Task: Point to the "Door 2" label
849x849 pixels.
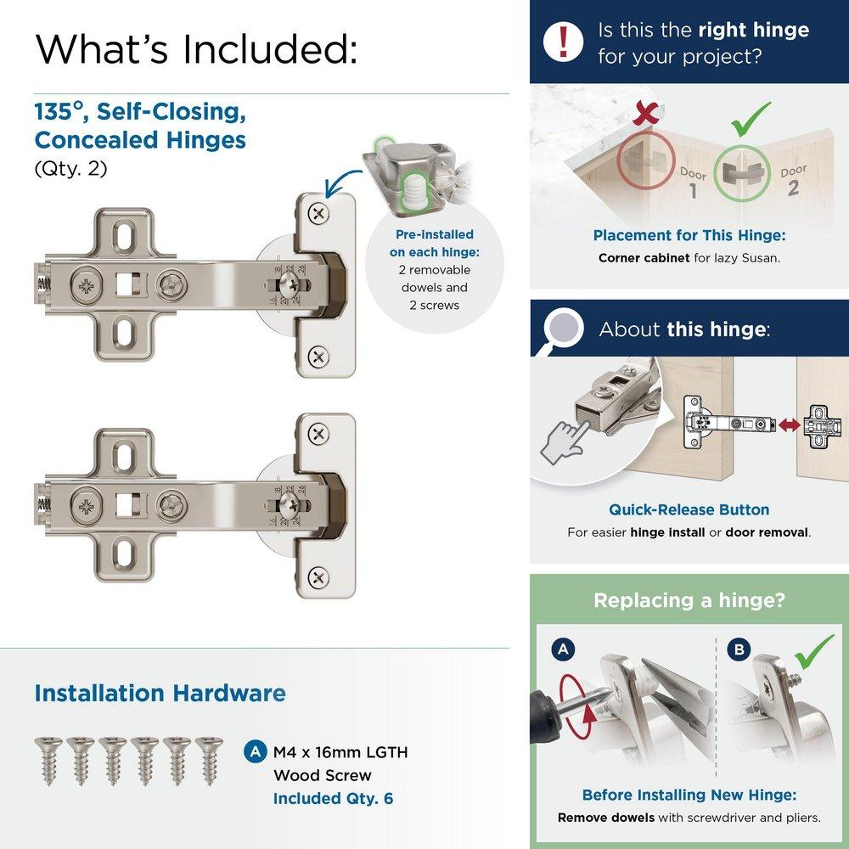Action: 793,181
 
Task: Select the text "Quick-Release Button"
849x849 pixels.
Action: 689,510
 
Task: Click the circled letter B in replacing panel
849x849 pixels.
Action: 740,650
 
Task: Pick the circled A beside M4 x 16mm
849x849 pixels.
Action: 253,751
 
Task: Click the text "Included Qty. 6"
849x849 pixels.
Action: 333,798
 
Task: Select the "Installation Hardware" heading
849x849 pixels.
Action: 160,693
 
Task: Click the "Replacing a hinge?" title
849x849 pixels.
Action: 689,600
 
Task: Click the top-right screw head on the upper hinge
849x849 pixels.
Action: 318,213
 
